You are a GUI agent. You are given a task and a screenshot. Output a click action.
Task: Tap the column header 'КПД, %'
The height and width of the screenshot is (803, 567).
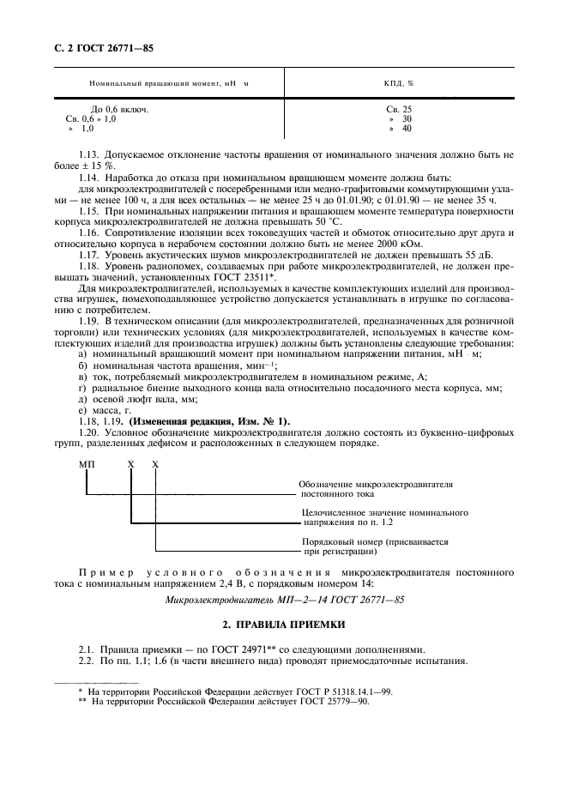tap(399, 83)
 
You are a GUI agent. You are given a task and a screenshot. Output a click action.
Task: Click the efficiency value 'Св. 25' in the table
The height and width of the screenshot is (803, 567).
tap(400, 109)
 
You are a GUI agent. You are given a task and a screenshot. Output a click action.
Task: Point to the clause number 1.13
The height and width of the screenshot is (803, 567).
tap(89, 155)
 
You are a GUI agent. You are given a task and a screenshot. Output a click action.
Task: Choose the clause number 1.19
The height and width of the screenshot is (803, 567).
tap(89, 320)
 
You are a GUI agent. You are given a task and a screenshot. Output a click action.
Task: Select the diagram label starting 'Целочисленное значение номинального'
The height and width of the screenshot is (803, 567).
tap(384, 517)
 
